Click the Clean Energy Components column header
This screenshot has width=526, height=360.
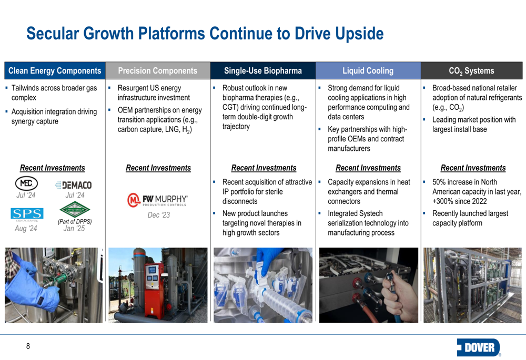point(55,71)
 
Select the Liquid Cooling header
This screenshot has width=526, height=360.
point(368,71)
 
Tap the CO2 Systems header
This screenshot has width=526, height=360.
point(472,71)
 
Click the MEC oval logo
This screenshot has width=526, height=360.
point(26,183)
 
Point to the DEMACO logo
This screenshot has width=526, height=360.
point(74,185)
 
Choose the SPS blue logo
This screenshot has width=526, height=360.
point(27,214)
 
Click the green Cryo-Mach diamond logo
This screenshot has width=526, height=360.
point(75,210)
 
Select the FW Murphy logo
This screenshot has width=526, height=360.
point(157,200)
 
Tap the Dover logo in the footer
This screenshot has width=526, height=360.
point(479,347)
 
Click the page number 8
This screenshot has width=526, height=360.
point(28,346)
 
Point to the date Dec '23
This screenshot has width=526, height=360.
point(159,215)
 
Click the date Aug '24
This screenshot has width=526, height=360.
point(26,228)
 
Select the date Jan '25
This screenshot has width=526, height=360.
point(74,228)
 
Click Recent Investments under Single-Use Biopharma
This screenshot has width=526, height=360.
point(264,168)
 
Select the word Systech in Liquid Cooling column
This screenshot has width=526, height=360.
point(369,213)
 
